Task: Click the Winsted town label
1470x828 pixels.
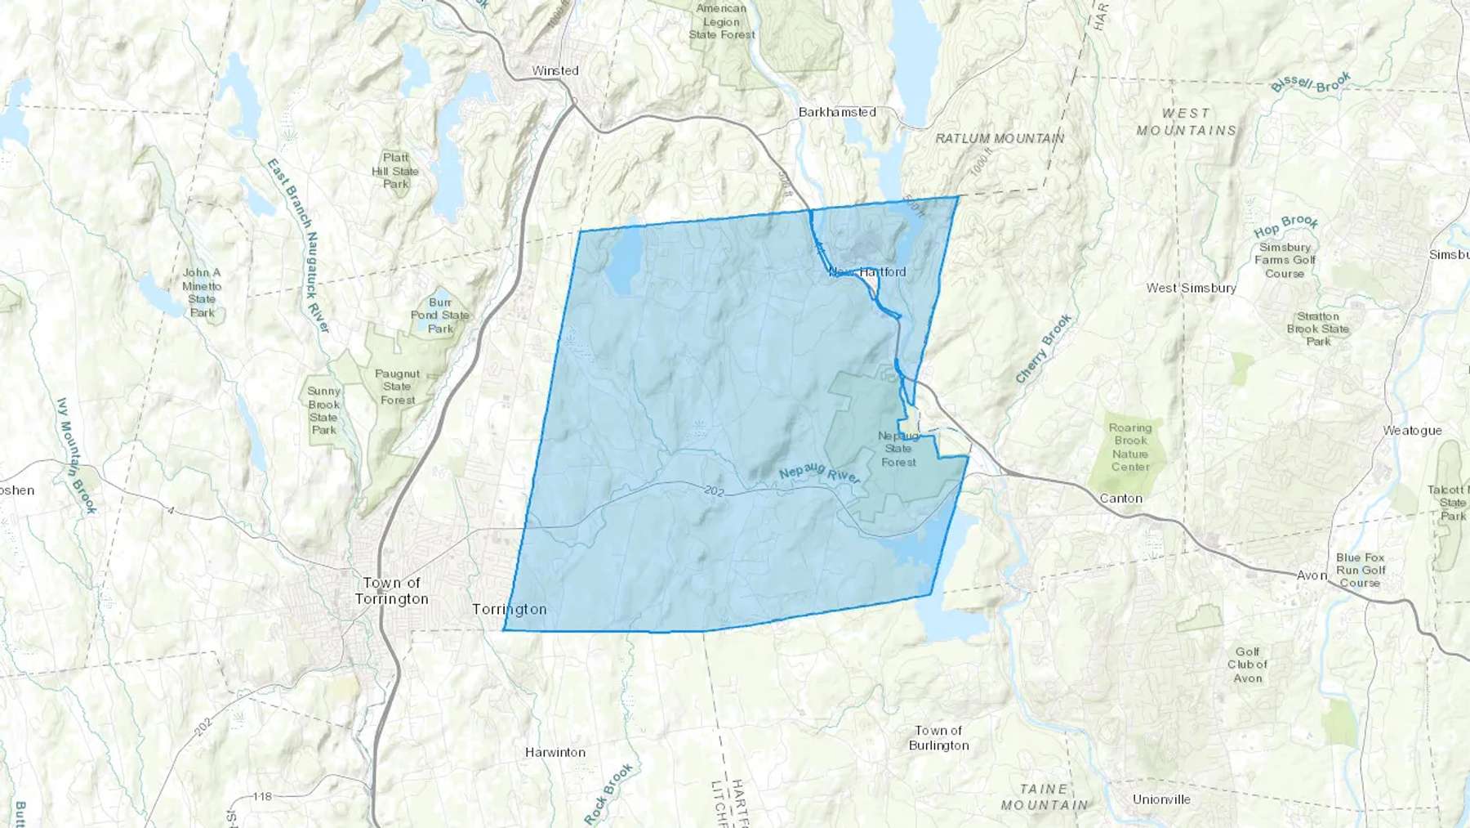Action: coord(555,71)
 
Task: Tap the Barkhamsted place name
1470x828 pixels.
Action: coord(837,112)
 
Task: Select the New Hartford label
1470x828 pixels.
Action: coord(867,271)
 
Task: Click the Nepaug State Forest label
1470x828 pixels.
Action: coord(898,449)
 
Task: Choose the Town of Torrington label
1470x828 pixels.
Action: coord(392,591)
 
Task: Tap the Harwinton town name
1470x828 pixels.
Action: coord(555,752)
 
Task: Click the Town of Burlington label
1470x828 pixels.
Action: coord(938,738)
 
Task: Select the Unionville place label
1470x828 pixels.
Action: coord(1161,799)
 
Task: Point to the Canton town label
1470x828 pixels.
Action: coord(1120,499)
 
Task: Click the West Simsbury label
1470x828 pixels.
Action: coord(1191,288)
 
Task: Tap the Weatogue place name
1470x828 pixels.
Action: coord(1412,431)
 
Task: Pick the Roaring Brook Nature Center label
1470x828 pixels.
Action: coord(1130,447)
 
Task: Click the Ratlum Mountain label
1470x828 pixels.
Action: coord(1000,139)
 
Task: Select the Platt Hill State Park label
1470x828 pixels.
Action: coord(395,171)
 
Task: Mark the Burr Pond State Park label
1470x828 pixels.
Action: coord(440,316)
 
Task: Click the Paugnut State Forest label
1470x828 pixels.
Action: coord(398,387)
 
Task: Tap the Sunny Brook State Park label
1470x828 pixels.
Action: coord(324,410)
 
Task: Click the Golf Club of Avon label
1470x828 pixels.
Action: coord(1247,665)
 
